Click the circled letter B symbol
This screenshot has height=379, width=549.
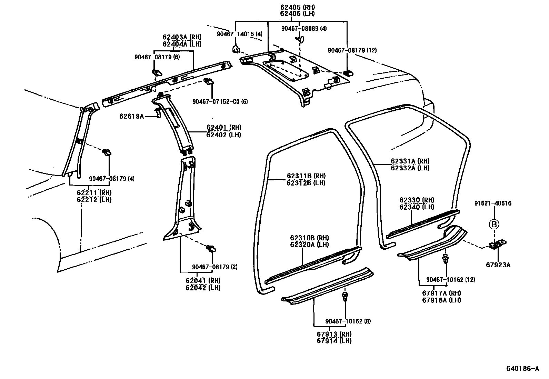(494, 225)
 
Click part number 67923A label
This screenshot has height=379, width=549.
(498, 265)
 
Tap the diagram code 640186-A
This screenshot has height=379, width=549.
(522, 369)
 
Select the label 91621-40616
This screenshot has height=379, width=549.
(493, 203)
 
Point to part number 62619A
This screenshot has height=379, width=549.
(131, 116)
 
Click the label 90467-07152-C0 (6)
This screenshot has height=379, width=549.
(220, 101)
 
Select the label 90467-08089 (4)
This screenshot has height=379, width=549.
(304, 29)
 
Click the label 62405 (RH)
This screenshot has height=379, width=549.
(297, 7)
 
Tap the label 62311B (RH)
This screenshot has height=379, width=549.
(306, 176)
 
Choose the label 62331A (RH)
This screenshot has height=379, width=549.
(410, 161)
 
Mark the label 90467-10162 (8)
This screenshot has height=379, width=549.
(348, 321)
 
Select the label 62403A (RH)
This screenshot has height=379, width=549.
(182, 37)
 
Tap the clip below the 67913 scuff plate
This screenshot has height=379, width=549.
(345, 296)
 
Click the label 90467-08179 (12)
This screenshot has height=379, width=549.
(352, 50)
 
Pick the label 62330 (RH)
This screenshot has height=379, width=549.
(417, 200)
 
